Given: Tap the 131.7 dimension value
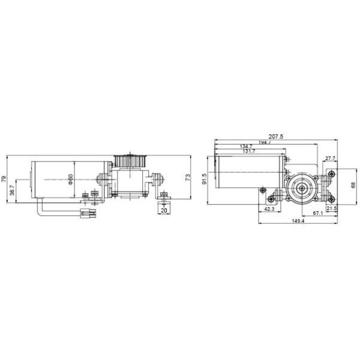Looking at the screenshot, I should tap(247, 152).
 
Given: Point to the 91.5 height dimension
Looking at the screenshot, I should tap(205, 179).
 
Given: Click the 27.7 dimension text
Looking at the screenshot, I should tap(329, 158).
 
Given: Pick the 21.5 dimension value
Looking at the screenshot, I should tap(332, 208).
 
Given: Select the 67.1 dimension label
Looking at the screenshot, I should tap(318, 214).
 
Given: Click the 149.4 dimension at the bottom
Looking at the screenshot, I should tap(297, 221).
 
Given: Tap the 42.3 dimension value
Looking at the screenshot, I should tap(269, 209).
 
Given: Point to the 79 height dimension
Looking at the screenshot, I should tap(4, 179).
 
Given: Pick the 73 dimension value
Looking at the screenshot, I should tap(187, 178).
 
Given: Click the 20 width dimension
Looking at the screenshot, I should tap(164, 210).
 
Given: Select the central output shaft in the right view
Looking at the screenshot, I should tap(300, 187).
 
